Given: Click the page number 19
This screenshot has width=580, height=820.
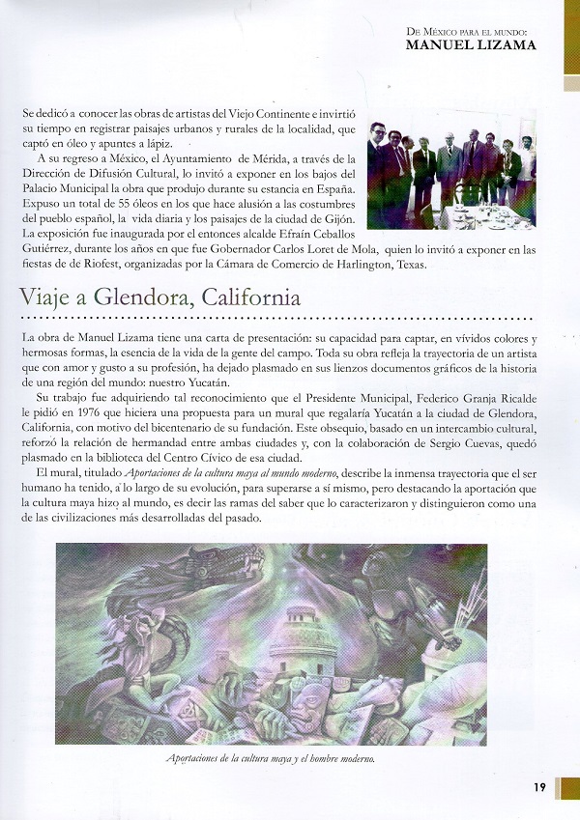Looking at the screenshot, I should (539, 786).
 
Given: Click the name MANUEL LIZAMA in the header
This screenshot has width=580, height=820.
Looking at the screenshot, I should (471, 44).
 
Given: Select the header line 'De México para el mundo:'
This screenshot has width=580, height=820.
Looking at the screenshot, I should (471, 31).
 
